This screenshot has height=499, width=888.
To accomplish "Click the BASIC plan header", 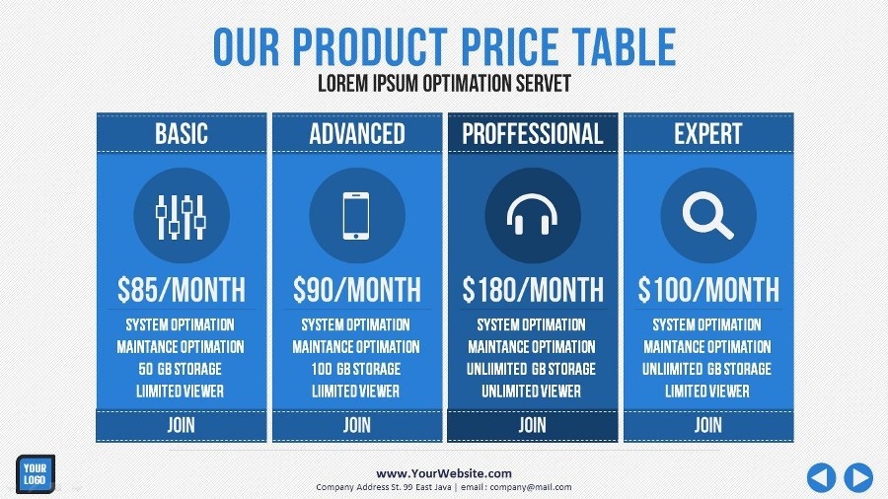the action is click(182, 134).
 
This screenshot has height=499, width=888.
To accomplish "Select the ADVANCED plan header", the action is click(357, 134).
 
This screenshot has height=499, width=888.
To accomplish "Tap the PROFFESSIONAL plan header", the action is click(533, 134).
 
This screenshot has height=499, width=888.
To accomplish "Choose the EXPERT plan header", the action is click(707, 134).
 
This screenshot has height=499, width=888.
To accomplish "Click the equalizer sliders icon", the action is click(181, 217).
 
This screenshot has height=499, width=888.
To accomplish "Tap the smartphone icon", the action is click(356, 216).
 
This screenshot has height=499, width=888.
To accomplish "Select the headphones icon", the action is click(533, 214).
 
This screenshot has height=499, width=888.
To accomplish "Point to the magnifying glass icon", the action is click(707, 215).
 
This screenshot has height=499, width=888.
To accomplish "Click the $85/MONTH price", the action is click(182, 290).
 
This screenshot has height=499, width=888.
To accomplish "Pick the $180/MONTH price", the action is click(533, 290).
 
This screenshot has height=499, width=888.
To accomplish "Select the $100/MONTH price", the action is click(708, 290).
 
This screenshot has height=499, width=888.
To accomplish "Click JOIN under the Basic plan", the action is click(182, 425).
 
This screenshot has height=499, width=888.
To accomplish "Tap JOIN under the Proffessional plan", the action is click(533, 425).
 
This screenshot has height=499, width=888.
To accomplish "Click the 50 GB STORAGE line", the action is click(181, 369).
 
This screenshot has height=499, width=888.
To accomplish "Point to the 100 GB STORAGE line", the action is click(355, 369).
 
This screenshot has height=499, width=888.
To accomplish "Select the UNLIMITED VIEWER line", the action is click(531, 391).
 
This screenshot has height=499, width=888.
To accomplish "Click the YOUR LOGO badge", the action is click(36, 474).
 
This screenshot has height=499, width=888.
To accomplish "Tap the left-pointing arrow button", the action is click(821, 477).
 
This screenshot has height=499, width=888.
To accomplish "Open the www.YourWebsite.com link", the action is click(444, 473).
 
